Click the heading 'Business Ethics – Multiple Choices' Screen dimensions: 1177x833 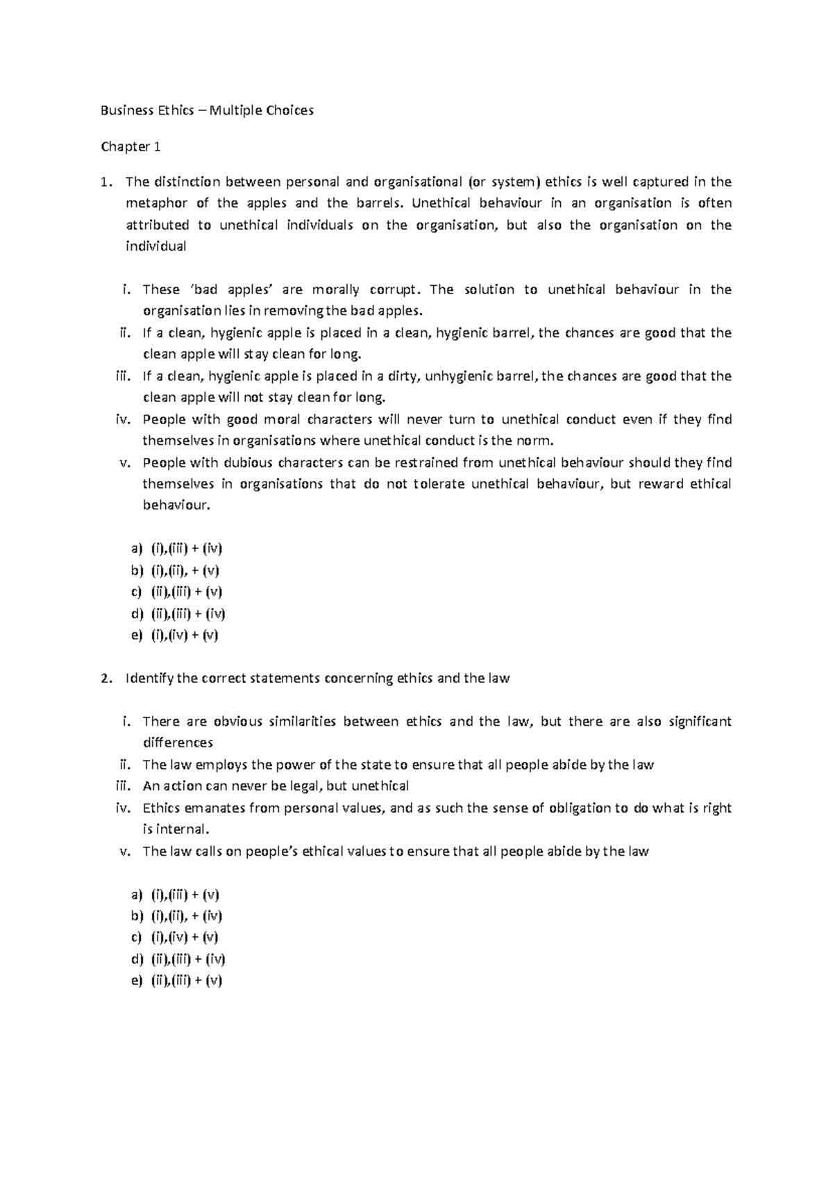click(x=208, y=110)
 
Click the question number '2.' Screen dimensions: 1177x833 click(x=106, y=679)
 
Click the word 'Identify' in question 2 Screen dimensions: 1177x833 click(x=149, y=679)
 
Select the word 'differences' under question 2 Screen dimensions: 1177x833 click(x=178, y=743)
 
